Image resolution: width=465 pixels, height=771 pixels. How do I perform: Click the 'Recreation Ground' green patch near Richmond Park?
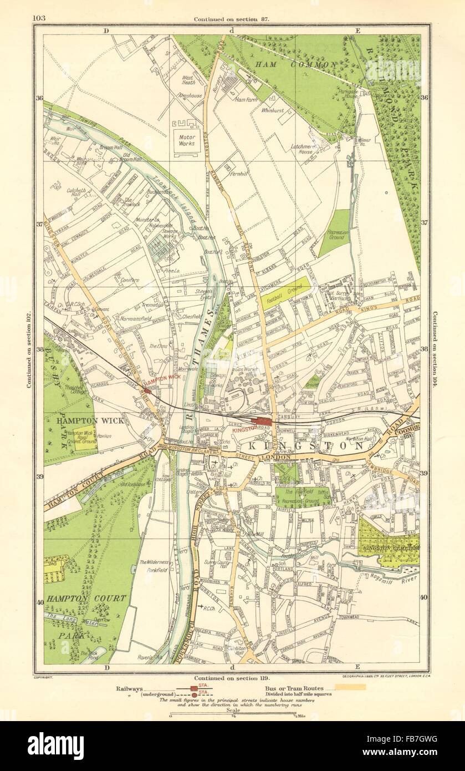(334, 234)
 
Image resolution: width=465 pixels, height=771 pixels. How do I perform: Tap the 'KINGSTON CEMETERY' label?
(388, 547)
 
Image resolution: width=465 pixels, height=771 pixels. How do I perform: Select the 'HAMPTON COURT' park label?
(86, 598)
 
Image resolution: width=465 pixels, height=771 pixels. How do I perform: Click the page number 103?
(39, 18)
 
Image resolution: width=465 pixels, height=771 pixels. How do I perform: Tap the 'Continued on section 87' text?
(232, 19)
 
